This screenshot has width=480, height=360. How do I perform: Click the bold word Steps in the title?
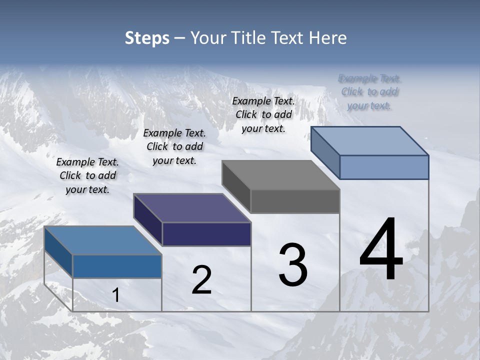coord(147,38)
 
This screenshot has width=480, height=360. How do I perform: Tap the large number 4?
coord(381,250)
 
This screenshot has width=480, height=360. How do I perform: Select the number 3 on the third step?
coord(293,265)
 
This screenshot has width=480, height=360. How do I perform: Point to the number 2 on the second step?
coord(201,280)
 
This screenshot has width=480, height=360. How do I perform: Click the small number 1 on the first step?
coord(116,295)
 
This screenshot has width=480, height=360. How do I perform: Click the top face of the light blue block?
coord(370,140)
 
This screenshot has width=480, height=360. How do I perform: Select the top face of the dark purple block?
coord(192,208)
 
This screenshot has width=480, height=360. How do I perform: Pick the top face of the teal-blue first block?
coord(103,240)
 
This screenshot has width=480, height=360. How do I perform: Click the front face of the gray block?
coord(295,201)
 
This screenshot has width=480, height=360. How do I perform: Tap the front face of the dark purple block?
coord(206,234)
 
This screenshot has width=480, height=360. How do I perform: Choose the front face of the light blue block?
coord(384,167)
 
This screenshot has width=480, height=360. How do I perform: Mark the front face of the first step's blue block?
coord(117,266)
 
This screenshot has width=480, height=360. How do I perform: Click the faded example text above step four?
coord(369,92)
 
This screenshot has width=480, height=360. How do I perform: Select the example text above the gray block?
coord(263,114)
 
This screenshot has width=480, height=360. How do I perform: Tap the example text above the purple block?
coord(174,146)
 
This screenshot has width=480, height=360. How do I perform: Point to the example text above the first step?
coord(87,175)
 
